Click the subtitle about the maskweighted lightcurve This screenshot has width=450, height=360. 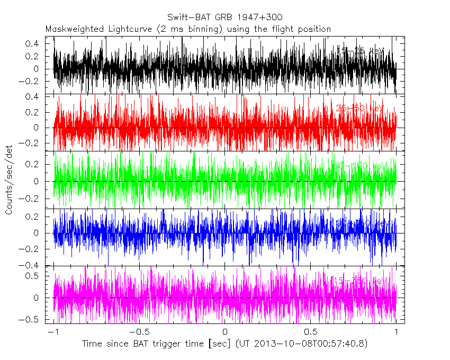coord(188,29)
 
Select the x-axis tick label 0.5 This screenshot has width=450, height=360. coord(310,332)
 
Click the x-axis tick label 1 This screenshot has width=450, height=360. coord(397,332)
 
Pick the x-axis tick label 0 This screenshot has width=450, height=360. coord(225,332)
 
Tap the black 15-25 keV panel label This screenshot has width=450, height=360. coord(360,51)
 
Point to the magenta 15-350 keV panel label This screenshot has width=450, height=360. coord(360,281)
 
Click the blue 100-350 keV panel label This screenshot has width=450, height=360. coord(360,224)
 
